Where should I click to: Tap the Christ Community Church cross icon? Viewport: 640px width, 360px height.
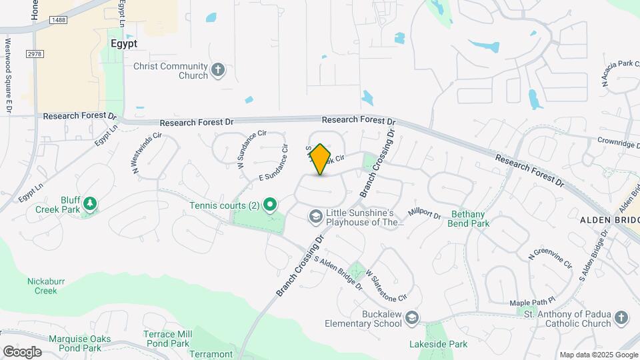pos(218,69)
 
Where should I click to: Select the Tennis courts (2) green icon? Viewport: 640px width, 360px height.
pos(270,205)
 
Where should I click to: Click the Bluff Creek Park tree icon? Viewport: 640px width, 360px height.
pos(89,203)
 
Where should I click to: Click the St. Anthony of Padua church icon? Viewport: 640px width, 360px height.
pos(621,317)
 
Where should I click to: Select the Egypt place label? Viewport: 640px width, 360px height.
pos(123,43)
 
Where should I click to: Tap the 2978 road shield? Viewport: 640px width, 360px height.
pos(35,53)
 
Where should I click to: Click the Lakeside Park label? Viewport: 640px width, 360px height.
pos(439,344)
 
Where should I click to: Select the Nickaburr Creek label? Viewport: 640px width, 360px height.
pos(46,285)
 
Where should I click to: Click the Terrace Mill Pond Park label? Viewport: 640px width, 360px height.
pos(168,338)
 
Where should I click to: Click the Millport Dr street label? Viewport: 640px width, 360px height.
pos(425,213)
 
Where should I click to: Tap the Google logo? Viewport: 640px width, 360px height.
pos(22,351)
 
